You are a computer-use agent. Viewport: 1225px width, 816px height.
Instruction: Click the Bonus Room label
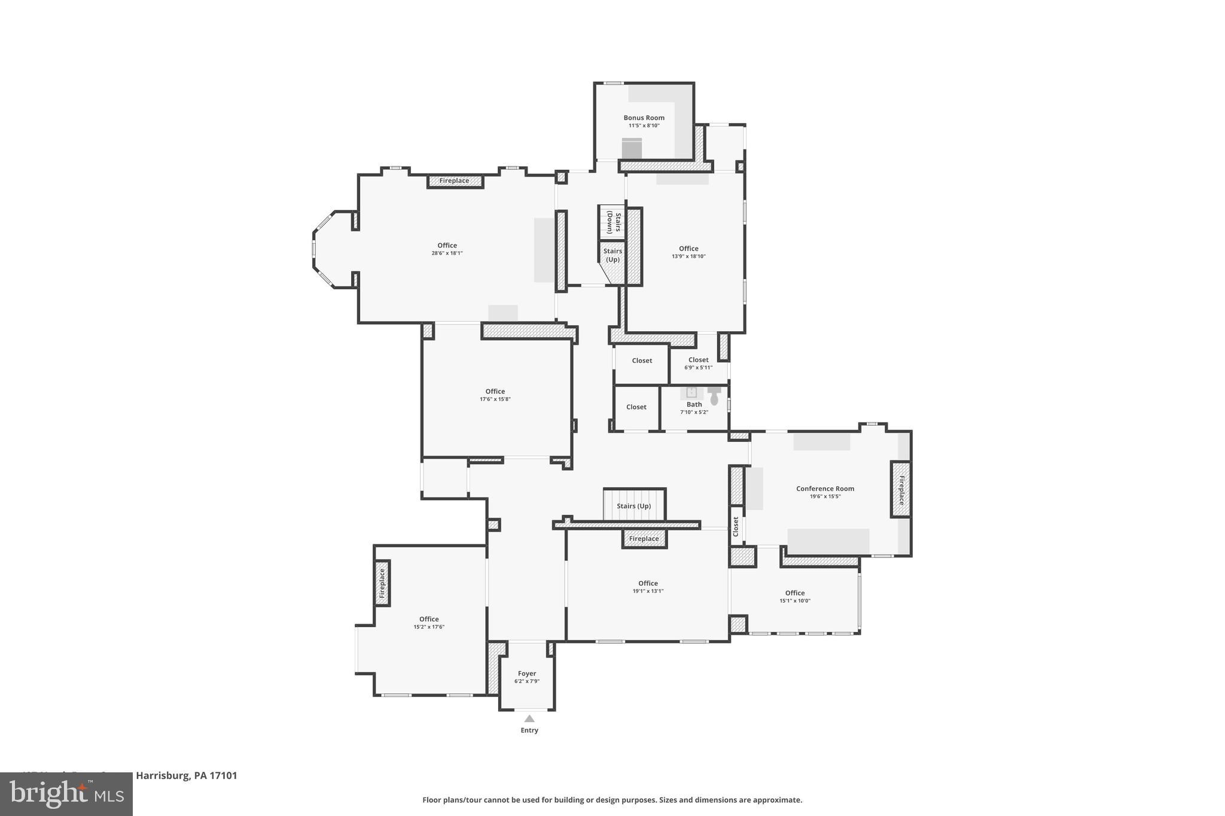point(644,118)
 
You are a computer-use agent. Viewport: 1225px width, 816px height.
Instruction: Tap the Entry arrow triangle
point(529,719)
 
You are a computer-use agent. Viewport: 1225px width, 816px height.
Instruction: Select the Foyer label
point(527,674)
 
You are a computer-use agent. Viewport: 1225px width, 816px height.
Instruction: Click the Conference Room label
point(825,488)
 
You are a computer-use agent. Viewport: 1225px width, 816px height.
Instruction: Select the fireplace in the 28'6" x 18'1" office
point(455,181)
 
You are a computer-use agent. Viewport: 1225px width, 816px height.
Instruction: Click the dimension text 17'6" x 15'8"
point(495,399)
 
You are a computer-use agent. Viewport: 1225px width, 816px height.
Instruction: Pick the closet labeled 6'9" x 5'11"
point(698,363)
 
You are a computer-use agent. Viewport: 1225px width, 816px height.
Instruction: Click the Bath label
point(694,405)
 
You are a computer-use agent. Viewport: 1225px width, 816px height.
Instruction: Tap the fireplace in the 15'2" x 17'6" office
point(382,583)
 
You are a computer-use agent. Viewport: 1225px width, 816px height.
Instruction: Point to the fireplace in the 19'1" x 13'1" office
point(644,539)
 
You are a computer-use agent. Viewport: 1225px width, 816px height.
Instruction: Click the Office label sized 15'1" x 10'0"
point(794,593)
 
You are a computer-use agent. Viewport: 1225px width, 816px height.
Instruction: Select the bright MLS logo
point(66,794)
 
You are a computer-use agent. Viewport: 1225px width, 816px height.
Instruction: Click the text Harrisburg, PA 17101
point(187,775)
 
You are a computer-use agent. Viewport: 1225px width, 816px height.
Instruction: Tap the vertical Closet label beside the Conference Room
point(736,527)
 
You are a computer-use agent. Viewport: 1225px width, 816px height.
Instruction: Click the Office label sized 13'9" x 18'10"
point(688,249)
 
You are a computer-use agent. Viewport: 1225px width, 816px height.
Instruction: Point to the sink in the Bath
point(691,392)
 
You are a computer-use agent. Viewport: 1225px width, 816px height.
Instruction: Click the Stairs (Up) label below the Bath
point(633,506)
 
